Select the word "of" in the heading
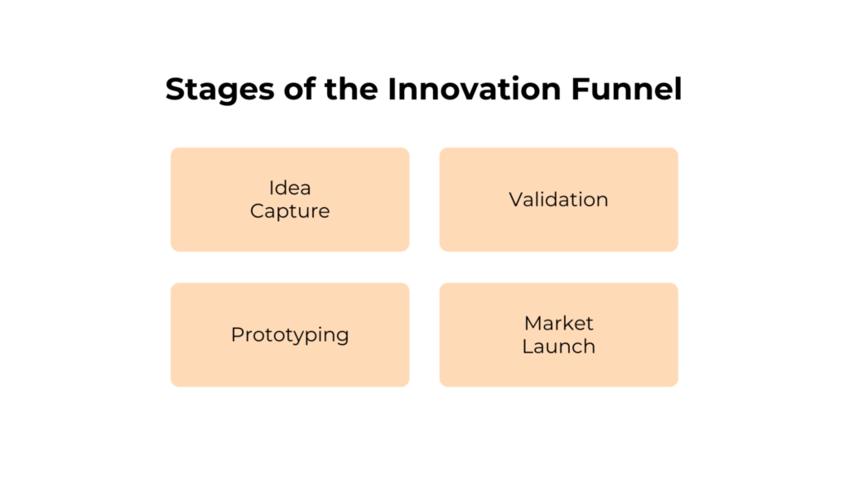(x=290, y=89)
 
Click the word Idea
(x=290, y=188)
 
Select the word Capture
(x=290, y=211)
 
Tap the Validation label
(x=558, y=200)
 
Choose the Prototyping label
(x=290, y=335)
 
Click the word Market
(x=559, y=323)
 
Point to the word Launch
(x=558, y=346)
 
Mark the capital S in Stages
(x=175, y=89)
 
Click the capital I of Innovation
(x=393, y=89)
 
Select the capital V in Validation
(x=516, y=200)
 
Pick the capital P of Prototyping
(x=237, y=335)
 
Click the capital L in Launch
(x=527, y=346)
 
